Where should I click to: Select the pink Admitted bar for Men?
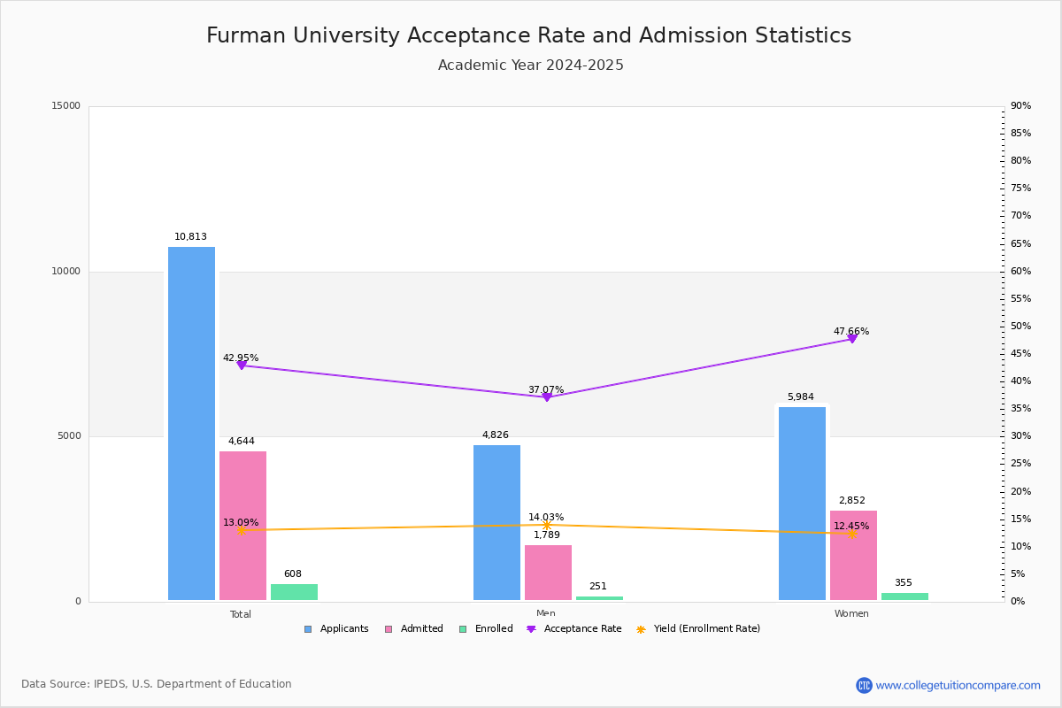548,573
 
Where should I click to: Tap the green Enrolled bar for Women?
904,596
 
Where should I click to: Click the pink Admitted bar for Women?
853,555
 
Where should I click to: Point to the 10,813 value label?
190,237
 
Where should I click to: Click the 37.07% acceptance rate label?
546,389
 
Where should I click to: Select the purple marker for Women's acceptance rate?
852,338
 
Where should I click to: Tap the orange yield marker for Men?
546,526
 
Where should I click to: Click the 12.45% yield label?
851,526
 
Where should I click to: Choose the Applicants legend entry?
337,629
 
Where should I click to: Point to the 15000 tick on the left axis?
66,106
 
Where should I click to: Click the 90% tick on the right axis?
1020,106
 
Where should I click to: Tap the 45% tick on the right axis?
1020,354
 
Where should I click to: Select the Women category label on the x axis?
851,614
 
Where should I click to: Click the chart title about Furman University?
529,35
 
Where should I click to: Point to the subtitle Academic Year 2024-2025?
531,65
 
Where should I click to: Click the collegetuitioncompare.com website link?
958,685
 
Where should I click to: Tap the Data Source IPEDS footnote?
157,684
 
